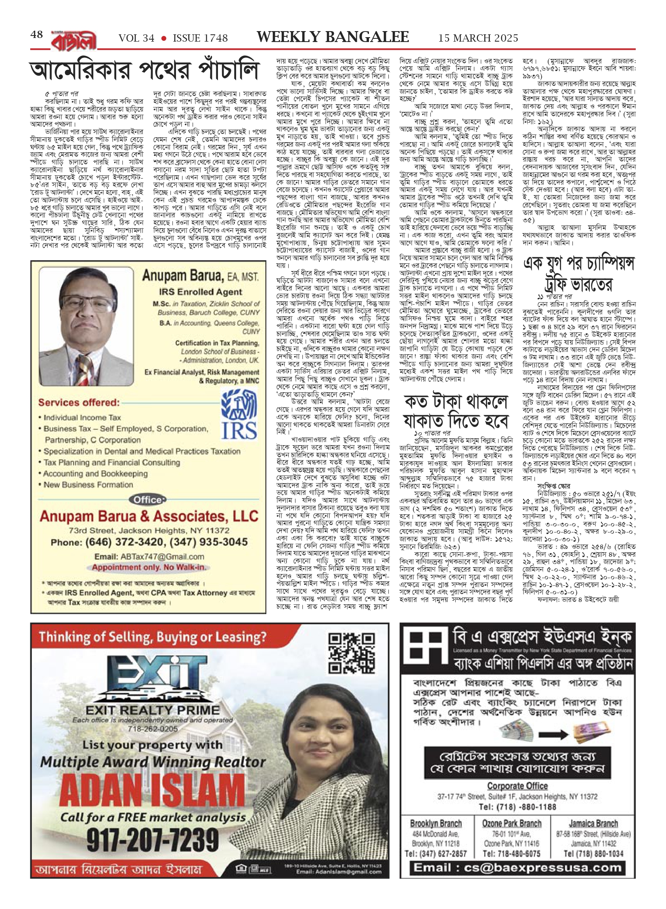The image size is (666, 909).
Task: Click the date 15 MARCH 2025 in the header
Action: pos(478,38)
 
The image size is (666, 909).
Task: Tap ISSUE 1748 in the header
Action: pos(200,38)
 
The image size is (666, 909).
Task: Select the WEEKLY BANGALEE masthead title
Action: pos(333,37)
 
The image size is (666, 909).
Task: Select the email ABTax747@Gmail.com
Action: pos(149,557)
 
